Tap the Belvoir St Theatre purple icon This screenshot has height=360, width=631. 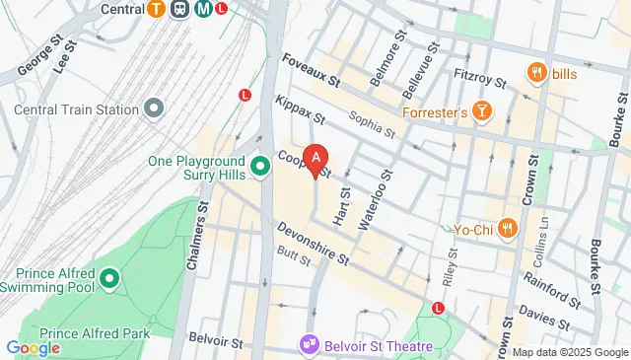(x=310, y=345)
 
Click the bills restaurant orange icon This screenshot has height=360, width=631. (x=537, y=72)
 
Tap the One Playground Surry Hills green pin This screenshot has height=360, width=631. (x=261, y=166)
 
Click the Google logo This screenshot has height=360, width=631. (x=33, y=346)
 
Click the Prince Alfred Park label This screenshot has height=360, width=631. (x=96, y=334)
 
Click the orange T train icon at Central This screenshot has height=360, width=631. (x=155, y=9)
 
